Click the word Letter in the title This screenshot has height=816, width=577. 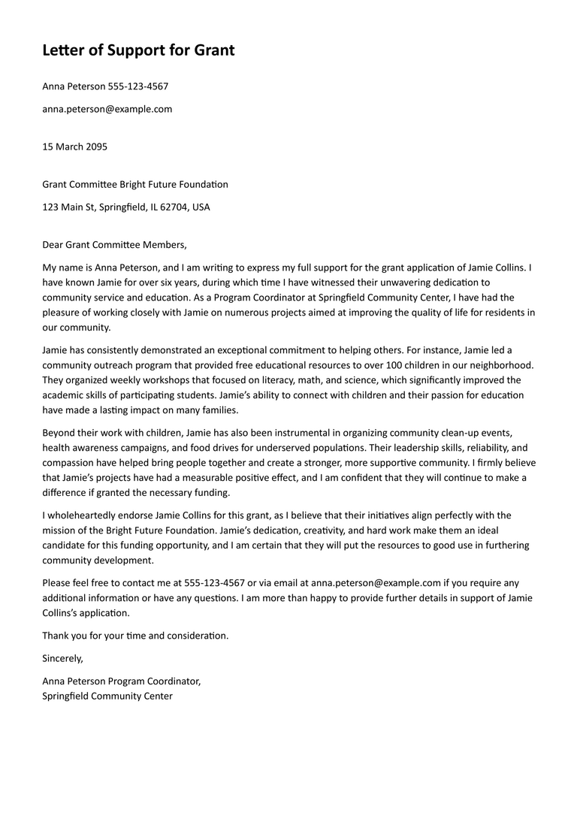click(62, 50)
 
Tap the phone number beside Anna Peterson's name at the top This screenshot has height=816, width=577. click(138, 86)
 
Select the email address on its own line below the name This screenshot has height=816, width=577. click(107, 109)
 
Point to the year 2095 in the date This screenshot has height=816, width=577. click(96, 147)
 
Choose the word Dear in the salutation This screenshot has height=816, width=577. click(53, 244)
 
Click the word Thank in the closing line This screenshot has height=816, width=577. click(56, 635)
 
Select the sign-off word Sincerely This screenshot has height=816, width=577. click(62, 657)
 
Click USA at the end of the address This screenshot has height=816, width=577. click(201, 207)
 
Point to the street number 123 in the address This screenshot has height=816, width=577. click(50, 207)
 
